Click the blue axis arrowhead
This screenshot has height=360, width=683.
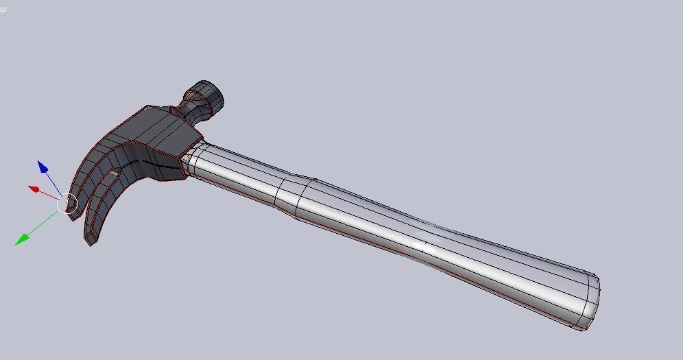(x=43, y=167)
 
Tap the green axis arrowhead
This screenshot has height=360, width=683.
(x=22, y=239)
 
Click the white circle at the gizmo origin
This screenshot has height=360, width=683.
(x=67, y=204)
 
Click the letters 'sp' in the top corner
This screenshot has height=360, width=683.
(x=3, y=10)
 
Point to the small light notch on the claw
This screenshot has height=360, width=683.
(x=114, y=174)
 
